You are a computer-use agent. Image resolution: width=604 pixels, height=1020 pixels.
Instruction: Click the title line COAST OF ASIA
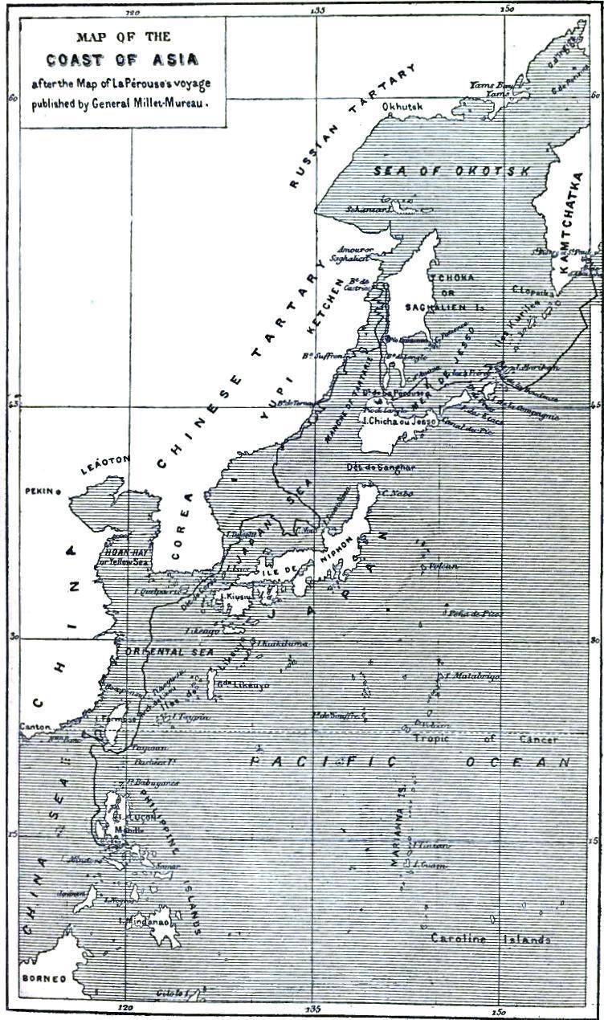point(123,59)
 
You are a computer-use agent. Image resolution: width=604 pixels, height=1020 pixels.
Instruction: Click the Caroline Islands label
point(490,939)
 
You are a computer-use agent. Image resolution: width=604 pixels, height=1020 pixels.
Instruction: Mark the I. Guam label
point(431,865)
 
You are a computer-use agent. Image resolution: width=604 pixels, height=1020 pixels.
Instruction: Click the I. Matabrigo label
point(471,676)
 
